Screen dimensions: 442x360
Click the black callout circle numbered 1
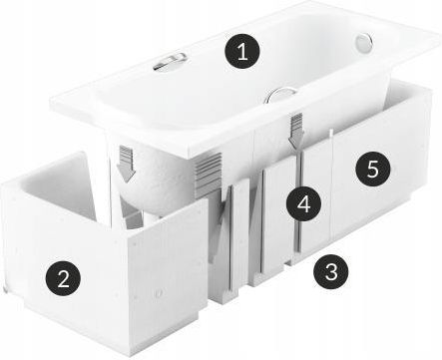click(x=242, y=51)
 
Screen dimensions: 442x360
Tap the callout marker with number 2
click(x=63, y=277)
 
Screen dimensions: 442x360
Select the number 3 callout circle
click(x=331, y=271)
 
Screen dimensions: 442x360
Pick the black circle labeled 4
click(x=303, y=203)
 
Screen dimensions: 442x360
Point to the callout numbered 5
click(x=372, y=170)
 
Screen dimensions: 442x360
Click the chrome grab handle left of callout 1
click(x=170, y=62)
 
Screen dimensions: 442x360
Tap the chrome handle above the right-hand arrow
click(x=280, y=94)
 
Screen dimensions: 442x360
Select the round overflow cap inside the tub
click(x=364, y=42)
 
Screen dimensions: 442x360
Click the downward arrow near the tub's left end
click(x=127, y=164)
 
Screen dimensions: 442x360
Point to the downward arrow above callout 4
click(x=296, y=131)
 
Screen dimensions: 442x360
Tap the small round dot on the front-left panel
click(x=159, y=293)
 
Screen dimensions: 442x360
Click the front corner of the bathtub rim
click(x=191, y=157)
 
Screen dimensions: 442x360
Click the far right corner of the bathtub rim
click(x=439, y=35)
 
